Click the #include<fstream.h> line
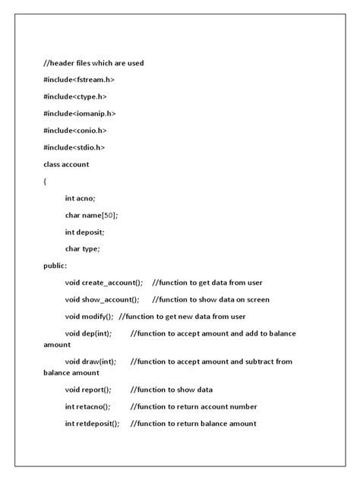point(79,79)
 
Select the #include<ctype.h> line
point(76,96)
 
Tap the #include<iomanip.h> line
point(80,113)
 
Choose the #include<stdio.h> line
point(74,147)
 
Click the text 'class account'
point(66,164)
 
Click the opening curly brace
point(46,181)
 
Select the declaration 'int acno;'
point(81,197)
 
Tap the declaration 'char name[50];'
point(91,215)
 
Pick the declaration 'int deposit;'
point(84,232)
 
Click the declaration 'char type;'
point(83,248)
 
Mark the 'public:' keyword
point(55,266)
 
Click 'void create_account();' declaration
point(103,283)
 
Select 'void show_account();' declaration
point(102,300)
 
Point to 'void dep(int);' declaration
point(88,333)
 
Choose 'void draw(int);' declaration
point(90,362)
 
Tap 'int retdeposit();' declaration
point(92,423)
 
